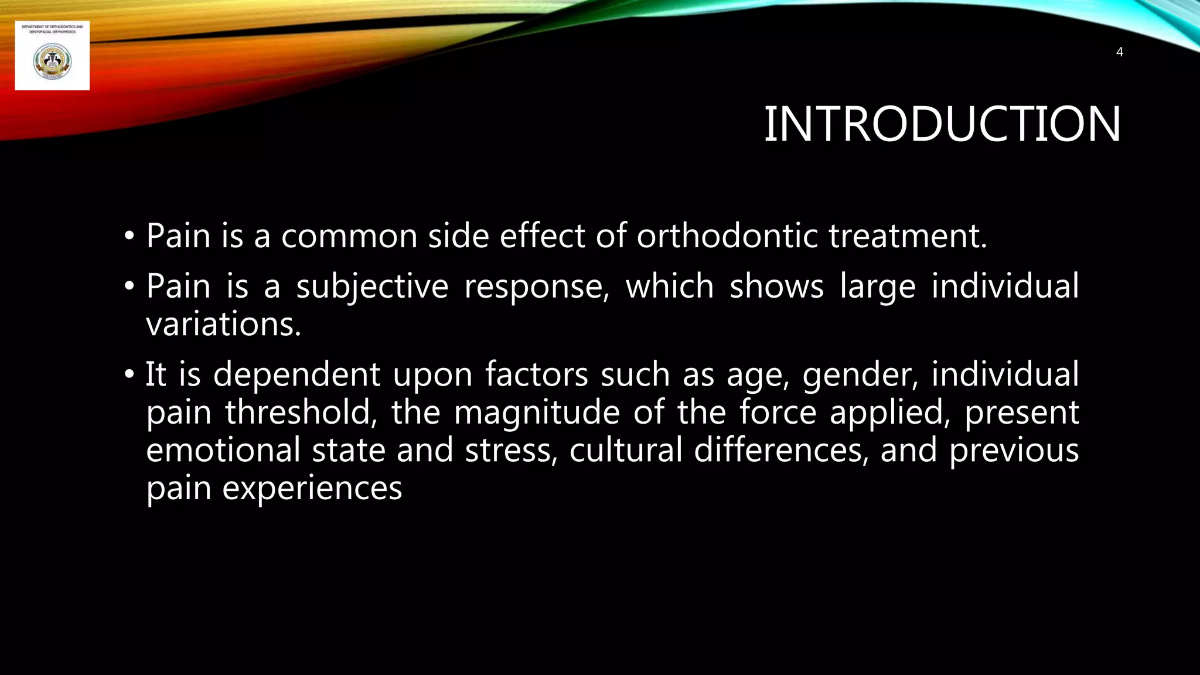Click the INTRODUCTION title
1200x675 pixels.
tap(942, 124)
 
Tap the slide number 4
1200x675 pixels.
tap(1119, 52)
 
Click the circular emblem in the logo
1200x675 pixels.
tap(52, 62)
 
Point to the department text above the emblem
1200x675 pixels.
tap(52, 29)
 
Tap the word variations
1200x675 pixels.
tap(223, 324)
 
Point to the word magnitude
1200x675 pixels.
tap(537, 412)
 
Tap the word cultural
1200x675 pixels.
tap(626, 450)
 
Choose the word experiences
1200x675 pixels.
tap(312, 488)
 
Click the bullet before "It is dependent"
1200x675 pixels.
tap(129, 375)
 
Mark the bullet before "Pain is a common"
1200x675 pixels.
tap(129, 237)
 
